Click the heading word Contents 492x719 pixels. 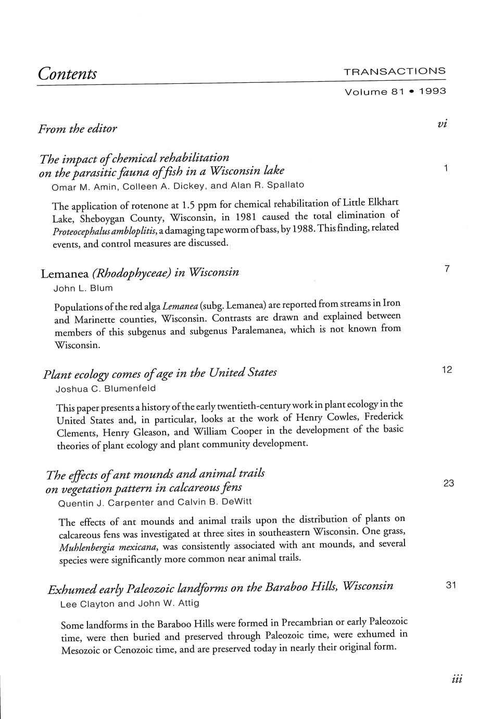(x=67, y=73)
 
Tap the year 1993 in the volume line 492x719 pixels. (x=432, y=91)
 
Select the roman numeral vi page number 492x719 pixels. (x=443, y=123)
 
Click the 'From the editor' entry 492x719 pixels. (x=77, y=128)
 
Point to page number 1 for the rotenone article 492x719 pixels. (x=446, y=168)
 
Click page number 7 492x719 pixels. (x=447, y=269)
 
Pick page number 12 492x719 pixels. (x=447, y=370)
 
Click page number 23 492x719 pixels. (x=449, y=483)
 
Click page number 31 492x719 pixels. (x=451, y=585)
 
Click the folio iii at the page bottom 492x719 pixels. (x=458, y=679)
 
